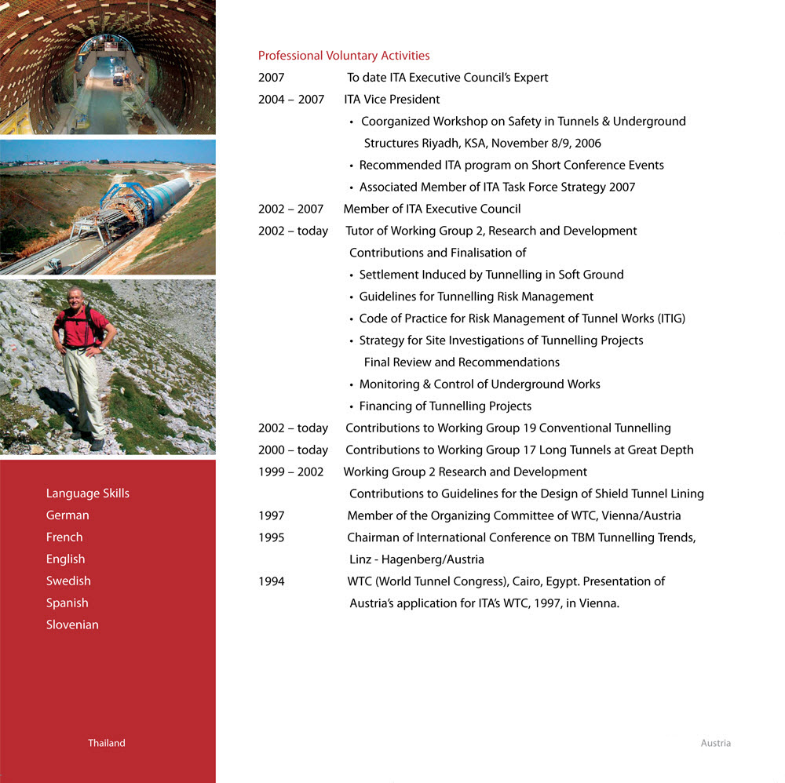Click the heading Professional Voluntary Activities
[x=344, y=56]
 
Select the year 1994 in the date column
[x=272, y=581]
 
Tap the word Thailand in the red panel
[x=106, y=743]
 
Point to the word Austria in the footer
[x=715, y=743]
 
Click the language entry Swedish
[x=68, y=581]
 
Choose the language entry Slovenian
[x=72, y=625]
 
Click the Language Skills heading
[x=88, y=493]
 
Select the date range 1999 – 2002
[x=290, y=472]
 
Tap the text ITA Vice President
[x=392, y=100]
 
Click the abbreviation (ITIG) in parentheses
[x=667, y=319]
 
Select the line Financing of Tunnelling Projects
[x=445, y=406]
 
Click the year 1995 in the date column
[x=272, y=537]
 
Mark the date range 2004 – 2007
[x=291, y=100]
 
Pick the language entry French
[x=64, y=537]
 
